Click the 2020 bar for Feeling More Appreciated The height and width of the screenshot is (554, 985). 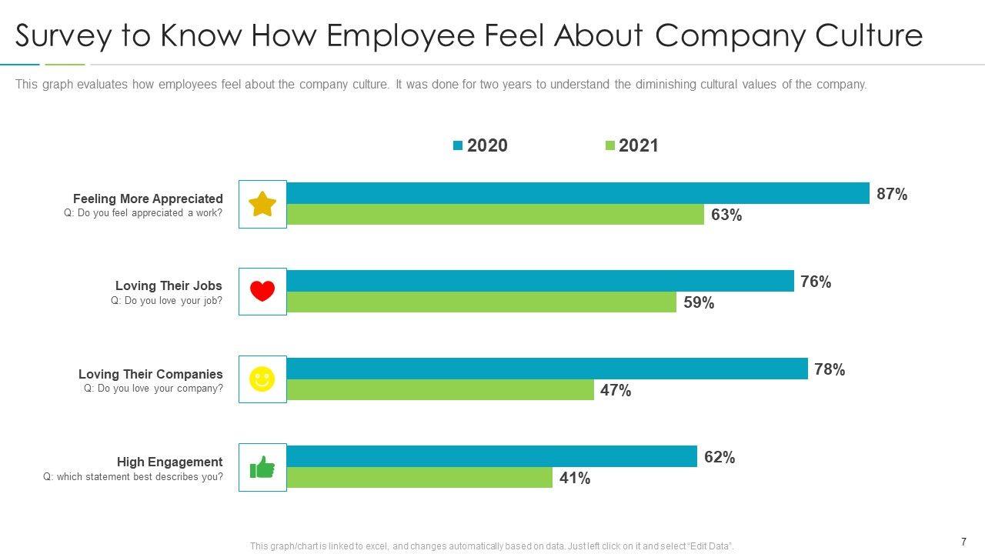577,193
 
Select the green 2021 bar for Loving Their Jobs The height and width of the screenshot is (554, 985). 481,302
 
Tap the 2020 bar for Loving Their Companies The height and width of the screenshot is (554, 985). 546,369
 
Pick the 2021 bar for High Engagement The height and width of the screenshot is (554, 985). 419,478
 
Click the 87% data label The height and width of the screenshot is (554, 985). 892,195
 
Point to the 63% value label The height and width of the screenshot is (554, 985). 726,215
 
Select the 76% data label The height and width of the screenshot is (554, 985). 816,282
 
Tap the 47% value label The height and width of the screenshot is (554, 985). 616,391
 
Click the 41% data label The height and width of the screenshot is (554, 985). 575,479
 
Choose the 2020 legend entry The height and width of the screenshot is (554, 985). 480,145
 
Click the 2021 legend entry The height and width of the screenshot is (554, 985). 632,145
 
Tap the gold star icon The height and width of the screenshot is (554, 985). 262,204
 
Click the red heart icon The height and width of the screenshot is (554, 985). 262,292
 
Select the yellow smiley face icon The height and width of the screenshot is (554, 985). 262,379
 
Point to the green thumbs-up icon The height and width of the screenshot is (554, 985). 262,467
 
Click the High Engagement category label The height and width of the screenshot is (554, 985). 169,462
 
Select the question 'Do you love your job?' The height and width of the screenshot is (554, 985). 166,301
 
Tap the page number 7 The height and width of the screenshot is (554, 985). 963,542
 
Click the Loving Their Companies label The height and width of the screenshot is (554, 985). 150,374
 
